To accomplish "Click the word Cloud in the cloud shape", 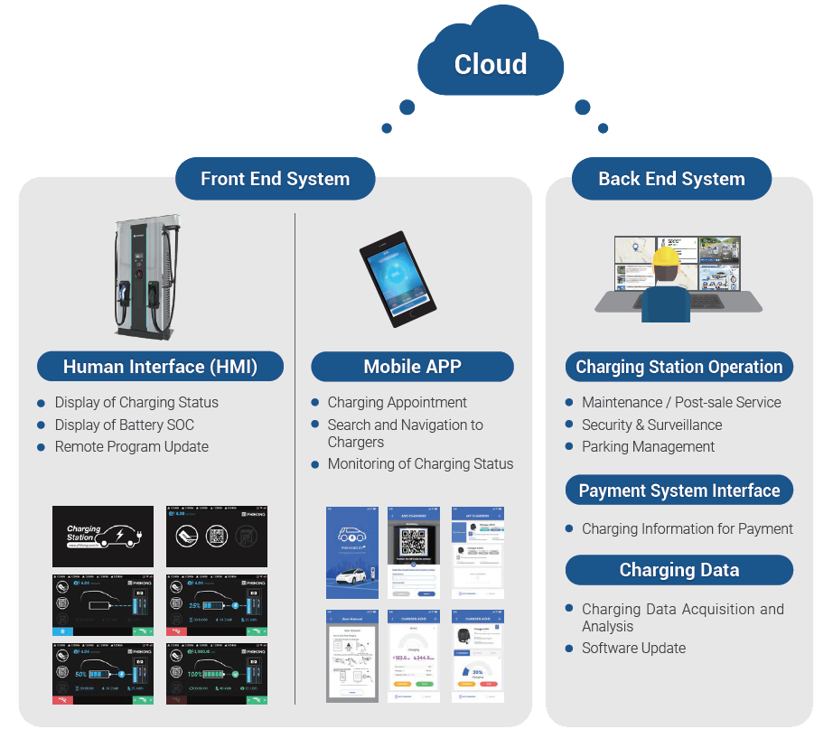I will pos(491,64).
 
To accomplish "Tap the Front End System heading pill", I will pos(275,179).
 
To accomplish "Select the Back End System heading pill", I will pos(671,179).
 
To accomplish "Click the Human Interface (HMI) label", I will pos(160,367).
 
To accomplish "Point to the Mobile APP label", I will pos(412,367).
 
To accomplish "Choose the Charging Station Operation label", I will pos(679,367).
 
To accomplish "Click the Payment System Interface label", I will pos(679,490).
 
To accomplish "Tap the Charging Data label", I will pos(679,570).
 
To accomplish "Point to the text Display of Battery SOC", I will pos(124,425).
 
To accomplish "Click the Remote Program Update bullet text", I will pos(131,446).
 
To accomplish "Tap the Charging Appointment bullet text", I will pos(397,402).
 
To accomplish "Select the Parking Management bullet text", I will pos(648,446).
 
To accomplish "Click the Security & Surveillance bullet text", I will pos(651,425).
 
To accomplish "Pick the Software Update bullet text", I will pos(633,648).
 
